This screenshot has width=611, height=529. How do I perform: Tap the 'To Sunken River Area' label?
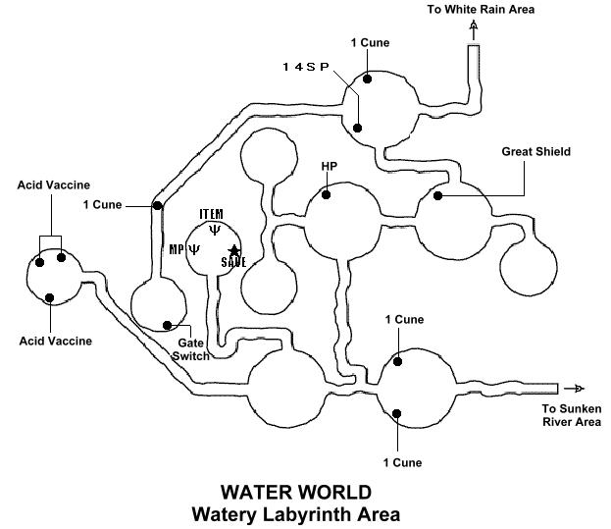coord(571,415)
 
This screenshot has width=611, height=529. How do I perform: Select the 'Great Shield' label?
coord(535,152)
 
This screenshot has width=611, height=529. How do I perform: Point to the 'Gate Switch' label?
coord(193,348)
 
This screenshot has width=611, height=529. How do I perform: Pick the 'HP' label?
coord(330,165)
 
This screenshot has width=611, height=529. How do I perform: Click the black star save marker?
coord(233,250)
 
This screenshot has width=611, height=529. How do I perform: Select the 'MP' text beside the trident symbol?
coord(178,249)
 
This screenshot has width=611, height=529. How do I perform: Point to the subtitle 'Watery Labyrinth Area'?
coord(296,512)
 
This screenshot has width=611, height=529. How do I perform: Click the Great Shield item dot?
coord(438,195)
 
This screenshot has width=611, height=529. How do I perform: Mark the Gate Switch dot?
coord(169,326)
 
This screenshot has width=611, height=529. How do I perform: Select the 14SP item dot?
coord(359,127)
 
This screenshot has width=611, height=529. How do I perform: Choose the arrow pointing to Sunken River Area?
coord(577,388)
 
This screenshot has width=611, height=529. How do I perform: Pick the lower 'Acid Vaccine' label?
coord(56,341)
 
